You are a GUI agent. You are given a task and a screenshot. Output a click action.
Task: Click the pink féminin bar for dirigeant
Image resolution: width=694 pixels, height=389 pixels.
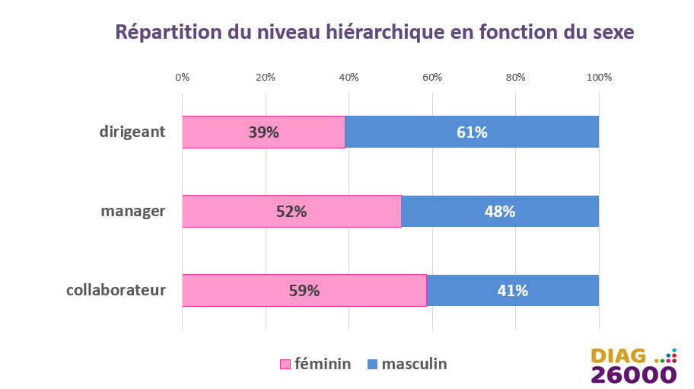point(264,132)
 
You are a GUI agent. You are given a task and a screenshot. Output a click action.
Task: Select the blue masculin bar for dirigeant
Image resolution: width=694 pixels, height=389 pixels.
point(472,132)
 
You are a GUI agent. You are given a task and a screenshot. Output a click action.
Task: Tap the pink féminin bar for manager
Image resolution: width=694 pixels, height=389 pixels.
point(291,211)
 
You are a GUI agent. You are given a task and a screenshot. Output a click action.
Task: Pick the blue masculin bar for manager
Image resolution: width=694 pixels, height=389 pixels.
point(500,211)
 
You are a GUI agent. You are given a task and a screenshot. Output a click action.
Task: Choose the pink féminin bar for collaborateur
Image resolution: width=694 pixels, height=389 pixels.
point(304,290)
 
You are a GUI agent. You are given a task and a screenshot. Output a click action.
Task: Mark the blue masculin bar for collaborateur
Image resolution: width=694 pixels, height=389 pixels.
point(513,290)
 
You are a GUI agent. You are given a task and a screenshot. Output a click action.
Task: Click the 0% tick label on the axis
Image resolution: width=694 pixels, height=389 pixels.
point(183,78)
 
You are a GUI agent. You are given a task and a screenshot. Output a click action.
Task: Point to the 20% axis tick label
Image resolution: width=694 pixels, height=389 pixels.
point(266,78)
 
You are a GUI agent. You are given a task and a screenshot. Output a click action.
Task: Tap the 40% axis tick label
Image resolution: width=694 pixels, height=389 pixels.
point(349,78)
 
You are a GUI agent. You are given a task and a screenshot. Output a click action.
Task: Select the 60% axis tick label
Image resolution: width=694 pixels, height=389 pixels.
point(432,78)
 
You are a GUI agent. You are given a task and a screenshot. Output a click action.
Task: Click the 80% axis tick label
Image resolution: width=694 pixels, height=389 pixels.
point(516,78)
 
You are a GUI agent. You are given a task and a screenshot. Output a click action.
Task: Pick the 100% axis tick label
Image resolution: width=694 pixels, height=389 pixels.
point(600,78)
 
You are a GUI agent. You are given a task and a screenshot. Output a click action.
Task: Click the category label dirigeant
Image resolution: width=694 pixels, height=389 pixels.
point(132,132)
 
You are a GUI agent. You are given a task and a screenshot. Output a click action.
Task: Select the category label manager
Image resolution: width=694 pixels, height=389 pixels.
point(132,211)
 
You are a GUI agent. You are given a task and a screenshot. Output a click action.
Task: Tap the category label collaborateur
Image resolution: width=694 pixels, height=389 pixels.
point(116,290)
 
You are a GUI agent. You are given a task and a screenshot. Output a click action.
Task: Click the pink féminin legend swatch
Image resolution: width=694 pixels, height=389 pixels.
point(285,364)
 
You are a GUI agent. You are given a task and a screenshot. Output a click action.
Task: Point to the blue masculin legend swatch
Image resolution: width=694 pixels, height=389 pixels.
point(373,364)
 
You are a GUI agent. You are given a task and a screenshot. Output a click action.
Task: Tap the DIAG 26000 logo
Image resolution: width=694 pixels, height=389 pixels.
point(634,365)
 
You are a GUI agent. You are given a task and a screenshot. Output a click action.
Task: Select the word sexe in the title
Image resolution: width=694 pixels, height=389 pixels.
point(613,33)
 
